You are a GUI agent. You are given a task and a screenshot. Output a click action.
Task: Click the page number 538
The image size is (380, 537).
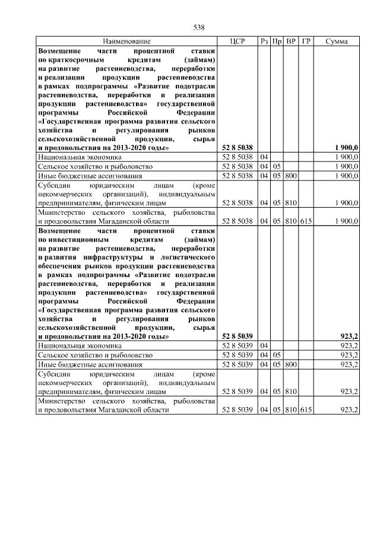click(x=199, y=27)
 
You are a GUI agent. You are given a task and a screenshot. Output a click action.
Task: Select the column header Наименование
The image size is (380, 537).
click(x=126, y=42)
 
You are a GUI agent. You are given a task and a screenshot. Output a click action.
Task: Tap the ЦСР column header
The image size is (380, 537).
click(x=237, y=42)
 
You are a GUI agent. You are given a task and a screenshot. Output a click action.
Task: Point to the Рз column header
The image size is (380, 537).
click(x=264, y=42)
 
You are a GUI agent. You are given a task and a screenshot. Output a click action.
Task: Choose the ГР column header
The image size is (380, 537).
click(x=306, y=42)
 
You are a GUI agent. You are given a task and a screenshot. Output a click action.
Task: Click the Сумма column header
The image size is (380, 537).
click(x=337, y=42)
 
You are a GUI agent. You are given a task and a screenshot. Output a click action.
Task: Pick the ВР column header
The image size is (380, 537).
click(x=291, y=42)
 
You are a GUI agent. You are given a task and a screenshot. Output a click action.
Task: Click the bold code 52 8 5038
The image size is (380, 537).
click(x=237, y=147)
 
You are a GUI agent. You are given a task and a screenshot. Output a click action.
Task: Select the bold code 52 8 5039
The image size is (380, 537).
click(x=237, y=336)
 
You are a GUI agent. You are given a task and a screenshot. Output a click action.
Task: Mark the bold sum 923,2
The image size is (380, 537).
click(x=347, y=336)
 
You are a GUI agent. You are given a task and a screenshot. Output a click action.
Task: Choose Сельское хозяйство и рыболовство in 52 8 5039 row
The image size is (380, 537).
click(x=95, y=355)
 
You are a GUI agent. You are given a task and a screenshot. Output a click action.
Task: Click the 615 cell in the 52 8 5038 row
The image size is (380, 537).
click(x=306, y=221)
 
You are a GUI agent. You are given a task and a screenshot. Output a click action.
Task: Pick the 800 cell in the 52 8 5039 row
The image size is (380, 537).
click(x=291, y=364)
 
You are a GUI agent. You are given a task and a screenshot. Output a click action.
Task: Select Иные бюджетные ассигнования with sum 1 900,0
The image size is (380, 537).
click(x=90, y=176)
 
